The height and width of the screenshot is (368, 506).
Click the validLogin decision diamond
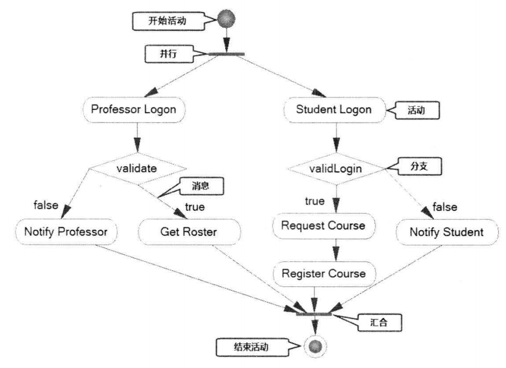tap(335, 168)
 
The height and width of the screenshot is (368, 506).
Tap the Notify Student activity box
tap(446, 232)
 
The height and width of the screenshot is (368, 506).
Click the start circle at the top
tap(226, 19)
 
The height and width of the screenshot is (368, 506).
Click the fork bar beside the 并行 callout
tap(226, 53)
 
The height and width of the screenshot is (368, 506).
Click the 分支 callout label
tap(419, 168)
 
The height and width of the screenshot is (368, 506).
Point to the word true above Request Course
tap(315, 201)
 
